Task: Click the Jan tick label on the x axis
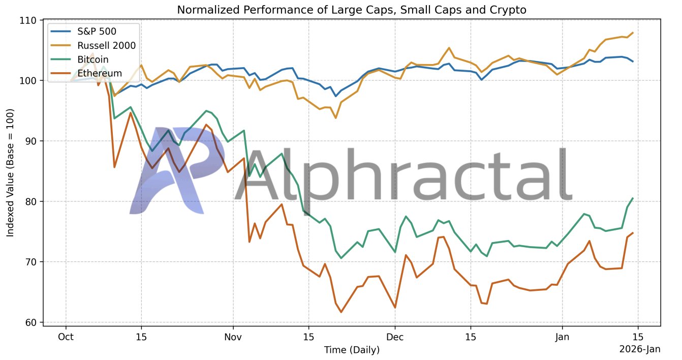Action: (x=562, y=337)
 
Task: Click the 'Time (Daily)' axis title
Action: (x=352, y=350)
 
